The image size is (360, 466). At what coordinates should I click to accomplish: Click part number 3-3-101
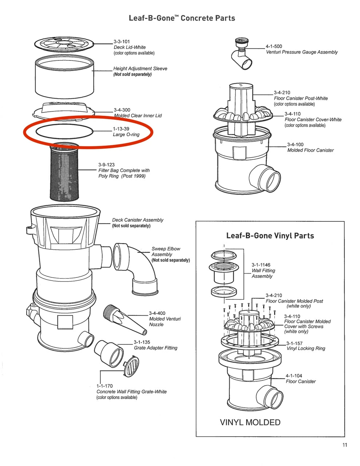click(x=122, y=42)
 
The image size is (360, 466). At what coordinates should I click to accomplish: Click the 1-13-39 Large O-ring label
click(x=126, y=131)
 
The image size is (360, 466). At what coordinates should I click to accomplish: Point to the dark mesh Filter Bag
click(x=64, y=175)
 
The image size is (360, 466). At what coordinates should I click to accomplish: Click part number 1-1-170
click(x=104, y=386)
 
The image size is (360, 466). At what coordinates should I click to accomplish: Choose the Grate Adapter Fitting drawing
click(x=108, y=352)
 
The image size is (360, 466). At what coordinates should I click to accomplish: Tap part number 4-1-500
click(x=274, y=46)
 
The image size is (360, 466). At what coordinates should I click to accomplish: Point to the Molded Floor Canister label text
click(x=310, y=150)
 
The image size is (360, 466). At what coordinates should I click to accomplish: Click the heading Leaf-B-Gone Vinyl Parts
click(x=270, y=236)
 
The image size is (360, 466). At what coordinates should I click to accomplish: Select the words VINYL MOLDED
click(x=250, y=422)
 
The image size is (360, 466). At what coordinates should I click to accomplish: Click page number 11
click(x=344, y=445)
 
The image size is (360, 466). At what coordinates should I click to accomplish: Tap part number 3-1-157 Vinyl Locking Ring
click(x=294, y=343)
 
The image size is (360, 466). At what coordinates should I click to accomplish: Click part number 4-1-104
click(x=294, y=376)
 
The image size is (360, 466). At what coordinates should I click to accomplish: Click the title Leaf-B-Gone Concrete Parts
click(x=182, y=18)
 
